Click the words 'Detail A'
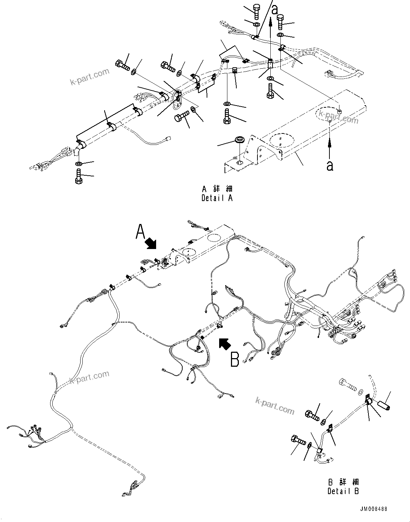point(217,198)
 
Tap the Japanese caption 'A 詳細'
point(217,189)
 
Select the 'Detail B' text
point(343,491)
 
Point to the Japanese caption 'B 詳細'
point(343,482)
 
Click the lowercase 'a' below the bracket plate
point(330,166)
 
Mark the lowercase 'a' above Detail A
point(275,10)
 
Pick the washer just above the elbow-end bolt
point(79,164)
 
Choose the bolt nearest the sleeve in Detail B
point(347,386)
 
